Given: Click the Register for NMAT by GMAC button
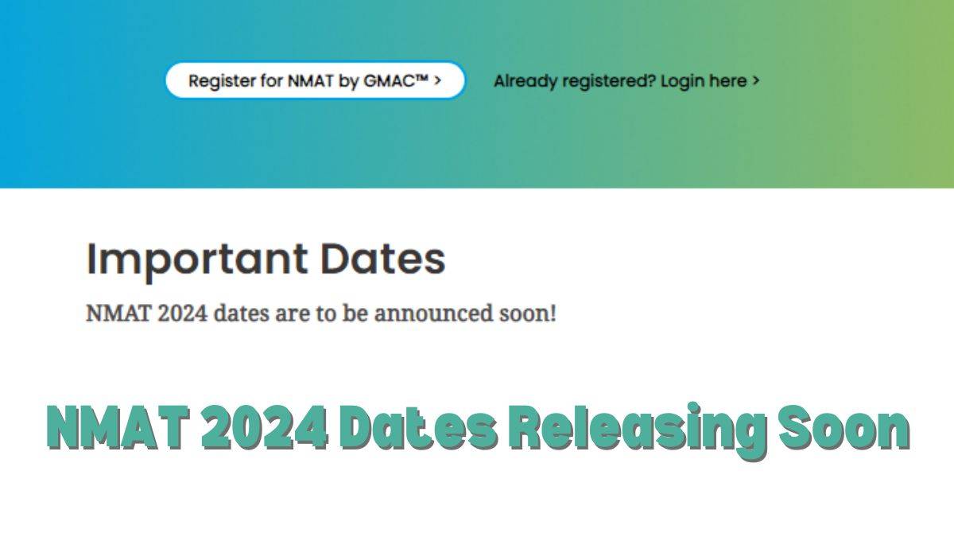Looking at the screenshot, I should (x=315, y=80).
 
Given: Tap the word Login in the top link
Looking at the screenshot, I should (x=681, y=80).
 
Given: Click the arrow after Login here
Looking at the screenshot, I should (x=755, y=80).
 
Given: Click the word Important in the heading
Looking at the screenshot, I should (x=197, y=259).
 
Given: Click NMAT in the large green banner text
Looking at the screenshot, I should (x=117, y=430).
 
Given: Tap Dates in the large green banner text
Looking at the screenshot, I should (x=418, y=430).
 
